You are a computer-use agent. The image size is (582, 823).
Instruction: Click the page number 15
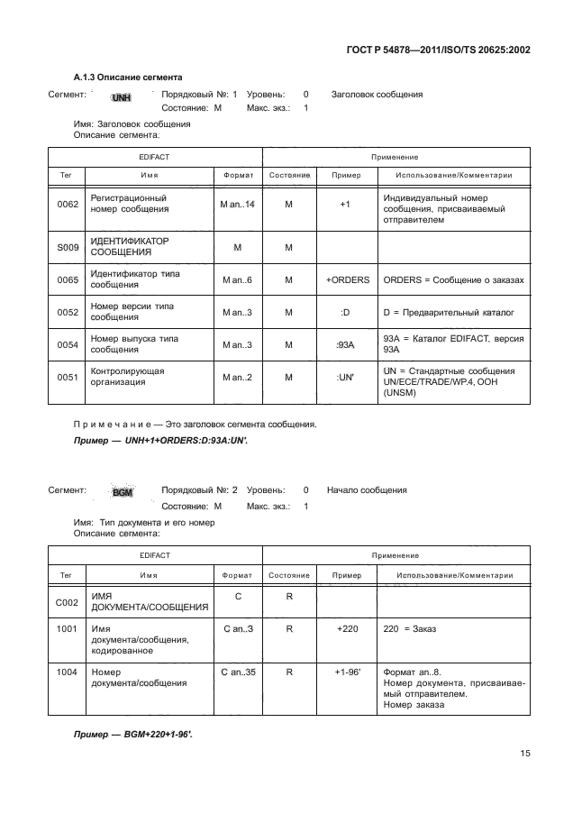tap(524, 754)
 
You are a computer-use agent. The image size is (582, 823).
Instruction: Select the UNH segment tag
tap(121, 96)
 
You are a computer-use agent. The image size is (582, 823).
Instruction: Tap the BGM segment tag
tap(123, 492)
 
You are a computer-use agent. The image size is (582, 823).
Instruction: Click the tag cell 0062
tap(66, 205)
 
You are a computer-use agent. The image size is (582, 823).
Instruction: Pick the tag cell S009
tap(66, 247)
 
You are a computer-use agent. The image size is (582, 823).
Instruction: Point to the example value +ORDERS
tap(348, 279)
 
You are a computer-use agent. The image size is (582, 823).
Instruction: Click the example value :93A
tap(344, 344)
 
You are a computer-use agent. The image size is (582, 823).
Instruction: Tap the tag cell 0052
tap(66, 312)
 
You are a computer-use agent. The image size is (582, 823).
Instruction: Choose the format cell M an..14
tap(237, 205)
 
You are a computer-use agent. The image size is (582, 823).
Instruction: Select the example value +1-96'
tap(347, 672)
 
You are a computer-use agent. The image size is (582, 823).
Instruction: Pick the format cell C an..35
tap(237, 672)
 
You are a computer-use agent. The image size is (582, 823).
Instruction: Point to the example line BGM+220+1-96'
tap(133, 735)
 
